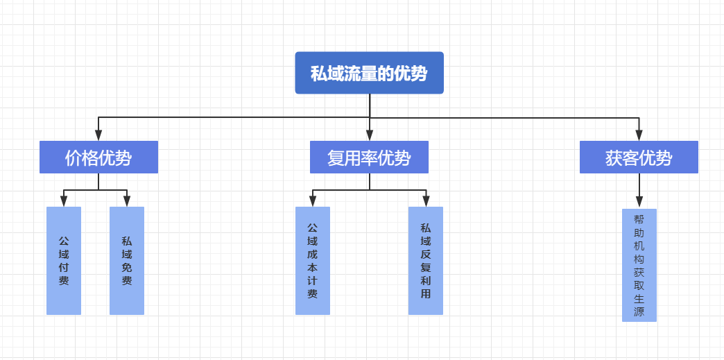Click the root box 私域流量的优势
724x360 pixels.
[369, 73]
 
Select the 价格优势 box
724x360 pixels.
[98, 157]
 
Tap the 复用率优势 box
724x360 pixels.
[369, 157]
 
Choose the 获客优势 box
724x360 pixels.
[639, 157]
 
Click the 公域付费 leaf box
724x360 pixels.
[64, 261]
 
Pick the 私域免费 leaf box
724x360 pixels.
[127, 261]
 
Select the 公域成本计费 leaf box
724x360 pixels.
[313, 261]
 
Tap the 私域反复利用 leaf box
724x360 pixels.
[426, 261]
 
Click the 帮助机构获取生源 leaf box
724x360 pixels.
[639, 265]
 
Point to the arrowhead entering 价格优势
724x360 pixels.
[98, 135]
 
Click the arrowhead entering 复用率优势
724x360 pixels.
[370, 135]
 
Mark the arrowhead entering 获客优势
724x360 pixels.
[639, 135]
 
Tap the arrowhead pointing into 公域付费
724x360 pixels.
[64, 201]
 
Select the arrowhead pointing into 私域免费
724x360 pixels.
[127, 201]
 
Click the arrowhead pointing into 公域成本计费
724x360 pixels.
[313, 201]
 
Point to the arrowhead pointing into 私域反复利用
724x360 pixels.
[426, 201]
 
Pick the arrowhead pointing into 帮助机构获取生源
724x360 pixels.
[639, 203]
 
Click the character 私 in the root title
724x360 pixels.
[318, 74]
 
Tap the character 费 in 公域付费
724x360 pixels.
[64, 281]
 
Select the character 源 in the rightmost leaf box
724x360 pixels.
[639, 311]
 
